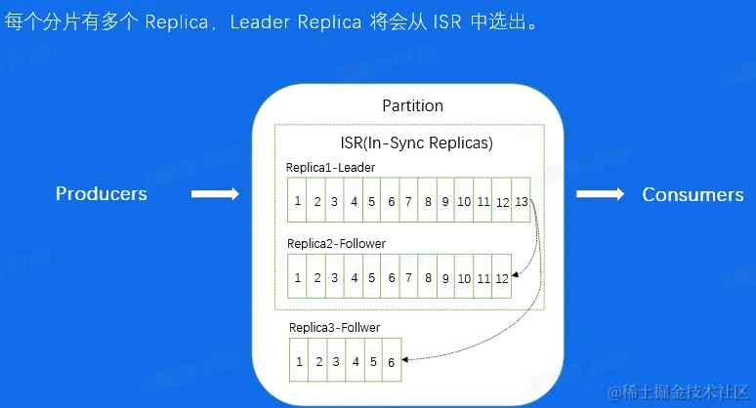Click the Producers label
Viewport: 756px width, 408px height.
tap(102, 193)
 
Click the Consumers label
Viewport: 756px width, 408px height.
tap(693, 194)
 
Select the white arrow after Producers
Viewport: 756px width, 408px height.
tap(215, 194)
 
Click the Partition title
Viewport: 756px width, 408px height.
tap(412, 105)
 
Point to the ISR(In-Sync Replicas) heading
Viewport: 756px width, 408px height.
tap(409, 143)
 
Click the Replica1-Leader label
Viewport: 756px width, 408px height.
tap(330, 167)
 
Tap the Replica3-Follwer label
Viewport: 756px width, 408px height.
tap(334, 327)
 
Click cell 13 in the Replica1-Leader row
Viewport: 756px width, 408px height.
tap(521, 201)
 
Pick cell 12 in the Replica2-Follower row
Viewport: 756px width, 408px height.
tap(501, 278)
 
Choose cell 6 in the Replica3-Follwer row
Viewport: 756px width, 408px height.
tap(390, 361)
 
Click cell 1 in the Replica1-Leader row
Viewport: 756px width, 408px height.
tap(297, 201)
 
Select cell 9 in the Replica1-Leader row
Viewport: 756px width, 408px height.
tap(444, 201)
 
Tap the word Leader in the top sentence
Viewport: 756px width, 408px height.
tap(258, 21)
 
